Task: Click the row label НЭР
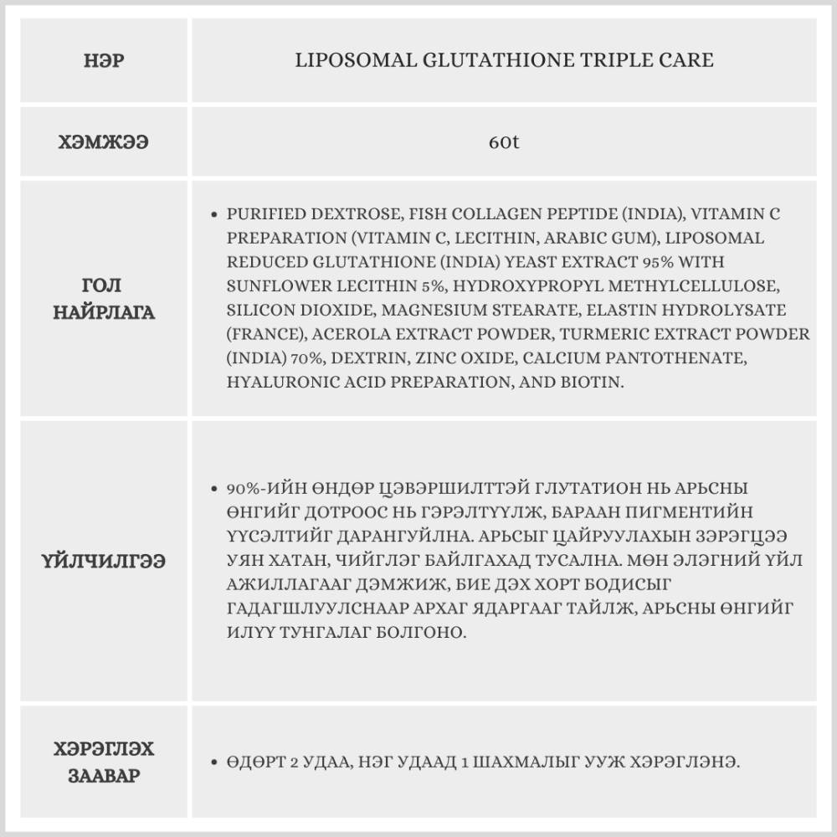coord(104,60)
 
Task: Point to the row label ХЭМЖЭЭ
coord(104,141)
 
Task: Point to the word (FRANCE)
coord(264,334)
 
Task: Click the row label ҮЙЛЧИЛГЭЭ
coord(104,561)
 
